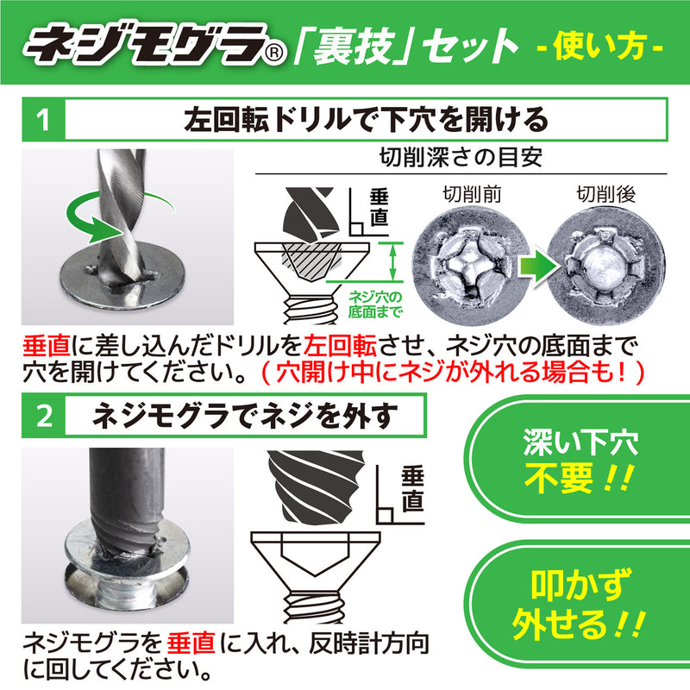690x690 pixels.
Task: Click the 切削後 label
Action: tap(605, 194)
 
